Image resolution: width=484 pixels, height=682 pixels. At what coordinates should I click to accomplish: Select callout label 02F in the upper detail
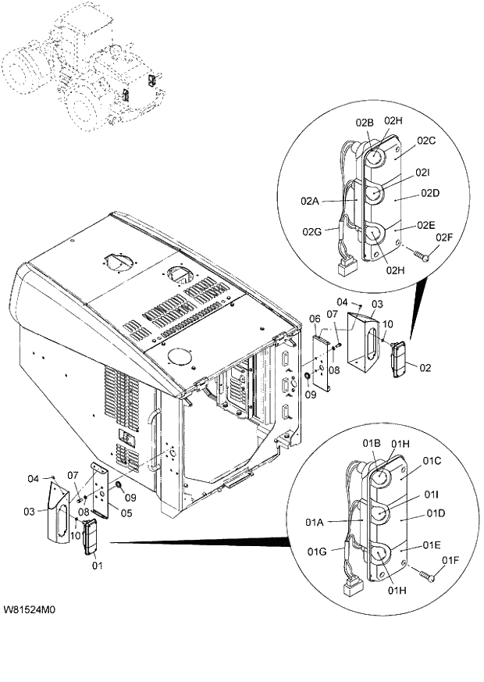(444, 237)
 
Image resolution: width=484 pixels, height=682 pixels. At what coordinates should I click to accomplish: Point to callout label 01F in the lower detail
(450, 559)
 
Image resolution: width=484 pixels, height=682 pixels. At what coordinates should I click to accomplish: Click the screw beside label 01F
(428, 575)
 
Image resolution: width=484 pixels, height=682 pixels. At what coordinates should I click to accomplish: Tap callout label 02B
(365, 123)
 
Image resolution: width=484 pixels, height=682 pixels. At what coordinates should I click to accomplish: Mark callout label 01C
(432, 461)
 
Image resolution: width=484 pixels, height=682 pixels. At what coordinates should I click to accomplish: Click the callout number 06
(315, 319)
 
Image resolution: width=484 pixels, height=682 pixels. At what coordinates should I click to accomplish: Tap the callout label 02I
(422, 172)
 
